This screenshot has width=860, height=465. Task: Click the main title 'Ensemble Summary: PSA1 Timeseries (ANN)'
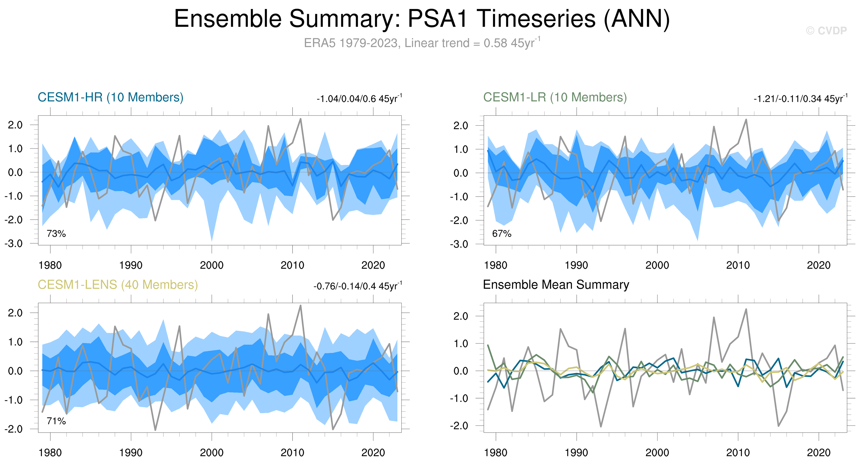point(422,19)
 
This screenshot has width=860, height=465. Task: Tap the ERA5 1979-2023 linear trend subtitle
point(422,43)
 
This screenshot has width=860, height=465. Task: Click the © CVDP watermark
point(826,31)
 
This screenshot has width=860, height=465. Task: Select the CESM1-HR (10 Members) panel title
point(111,97)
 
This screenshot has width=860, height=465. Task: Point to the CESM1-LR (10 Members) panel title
point(555,97)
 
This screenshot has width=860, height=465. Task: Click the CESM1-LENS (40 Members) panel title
point(118,285)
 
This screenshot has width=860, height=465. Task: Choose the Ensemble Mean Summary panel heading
point(556,285)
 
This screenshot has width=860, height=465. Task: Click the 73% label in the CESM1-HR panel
point(56,234)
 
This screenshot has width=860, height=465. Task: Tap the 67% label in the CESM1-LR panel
point(501,234)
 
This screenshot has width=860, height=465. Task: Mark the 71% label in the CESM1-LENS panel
point(56,421)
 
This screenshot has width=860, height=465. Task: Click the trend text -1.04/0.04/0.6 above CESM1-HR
point(359,99)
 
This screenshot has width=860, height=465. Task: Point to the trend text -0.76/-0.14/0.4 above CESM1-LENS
point(358,286)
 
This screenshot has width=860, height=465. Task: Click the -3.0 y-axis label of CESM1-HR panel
point(14,244)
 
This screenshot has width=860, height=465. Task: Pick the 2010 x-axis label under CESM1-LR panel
point(738,265)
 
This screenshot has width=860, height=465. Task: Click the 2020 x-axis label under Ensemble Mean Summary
point(818,453)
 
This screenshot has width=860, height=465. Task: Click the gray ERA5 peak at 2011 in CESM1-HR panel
point(300,119)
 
